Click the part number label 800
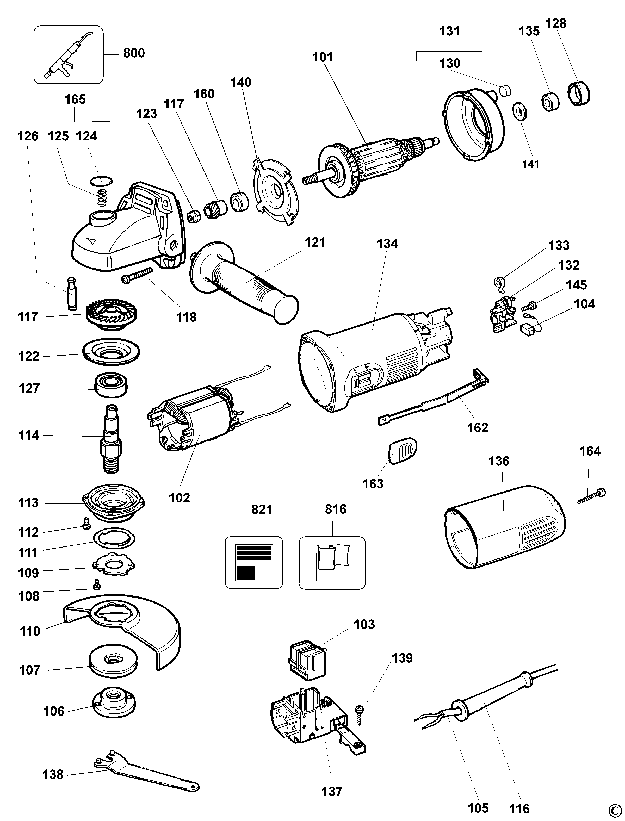coord(134,53)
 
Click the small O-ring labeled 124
coord(101,181)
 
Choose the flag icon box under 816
coord(332,562)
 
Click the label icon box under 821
coord(254,562)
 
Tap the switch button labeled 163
coord(403,451)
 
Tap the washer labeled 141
coord(520,111)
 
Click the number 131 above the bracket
coord(449,31)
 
